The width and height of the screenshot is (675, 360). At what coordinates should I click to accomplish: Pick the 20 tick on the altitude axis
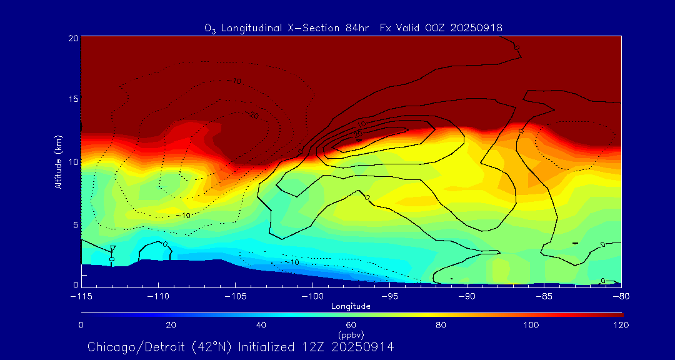click(72, 38)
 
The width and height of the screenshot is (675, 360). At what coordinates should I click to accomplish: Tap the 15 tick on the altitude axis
click(72, 100)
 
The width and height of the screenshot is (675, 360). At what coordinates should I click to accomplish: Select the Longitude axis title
click(351, 306)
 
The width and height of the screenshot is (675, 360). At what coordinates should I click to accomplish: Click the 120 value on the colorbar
click(621, 325)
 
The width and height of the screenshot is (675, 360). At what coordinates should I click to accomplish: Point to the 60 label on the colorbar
click(351, 325)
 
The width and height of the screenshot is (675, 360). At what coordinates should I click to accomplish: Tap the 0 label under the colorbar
click(81, 325)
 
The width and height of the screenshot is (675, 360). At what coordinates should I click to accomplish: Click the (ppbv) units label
click(351, 335)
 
